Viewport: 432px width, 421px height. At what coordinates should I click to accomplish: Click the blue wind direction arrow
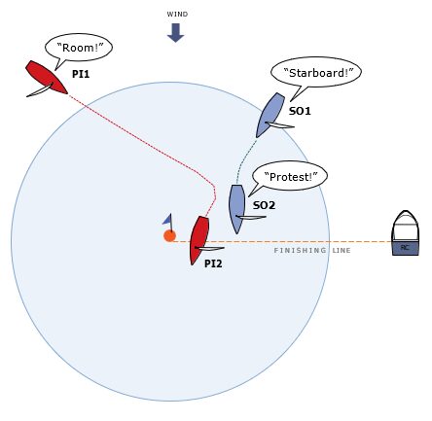click(x=175, y=32)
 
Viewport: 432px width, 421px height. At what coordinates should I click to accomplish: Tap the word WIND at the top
click(x=177, y=15)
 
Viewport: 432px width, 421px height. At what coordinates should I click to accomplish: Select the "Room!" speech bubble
click(x=79, y=49)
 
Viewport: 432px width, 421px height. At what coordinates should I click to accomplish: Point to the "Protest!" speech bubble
click(x=290, y=178)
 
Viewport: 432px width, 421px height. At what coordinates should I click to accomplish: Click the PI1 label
click(x=81, y=74)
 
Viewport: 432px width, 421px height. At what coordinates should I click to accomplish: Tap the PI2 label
click(x=213, y=263)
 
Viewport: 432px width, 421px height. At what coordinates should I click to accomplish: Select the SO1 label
click(x=300, y=111)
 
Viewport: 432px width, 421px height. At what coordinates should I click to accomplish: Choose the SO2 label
click(x=264, y=205)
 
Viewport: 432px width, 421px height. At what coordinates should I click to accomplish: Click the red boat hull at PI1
click(x=47, y=77)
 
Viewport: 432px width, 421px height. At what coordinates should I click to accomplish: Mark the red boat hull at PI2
click(x=199, y=240)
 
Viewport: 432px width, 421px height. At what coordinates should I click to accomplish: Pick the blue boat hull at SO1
click(x=270, y=115)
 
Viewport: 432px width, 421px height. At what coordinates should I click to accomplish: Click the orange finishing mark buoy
click(x=169, y=236)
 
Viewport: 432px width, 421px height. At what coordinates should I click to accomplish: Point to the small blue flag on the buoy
click(x=167, y=220)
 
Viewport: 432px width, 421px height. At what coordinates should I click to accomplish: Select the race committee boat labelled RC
click(x=405, y=232)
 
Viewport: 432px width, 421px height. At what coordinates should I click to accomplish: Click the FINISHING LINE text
click(x=312, y=251)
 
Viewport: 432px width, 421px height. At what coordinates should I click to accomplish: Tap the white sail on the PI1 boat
click(x=40, y=89)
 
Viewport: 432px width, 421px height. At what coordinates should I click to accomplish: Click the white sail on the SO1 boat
click(x=279, y=124)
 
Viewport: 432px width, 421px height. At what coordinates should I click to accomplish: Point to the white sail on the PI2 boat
click(x=209, y=249)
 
